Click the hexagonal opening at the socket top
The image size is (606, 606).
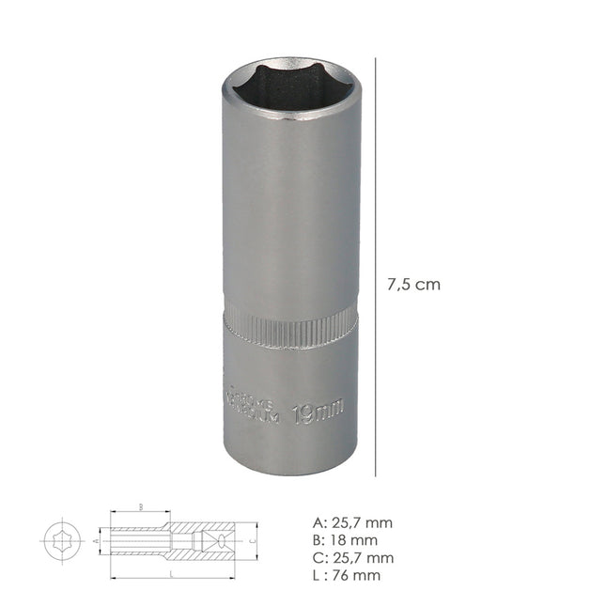(290, 89)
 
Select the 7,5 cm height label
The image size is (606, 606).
(413, 285)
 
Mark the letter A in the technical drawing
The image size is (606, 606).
(97, 541)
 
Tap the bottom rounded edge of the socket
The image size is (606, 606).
(290, 470)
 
